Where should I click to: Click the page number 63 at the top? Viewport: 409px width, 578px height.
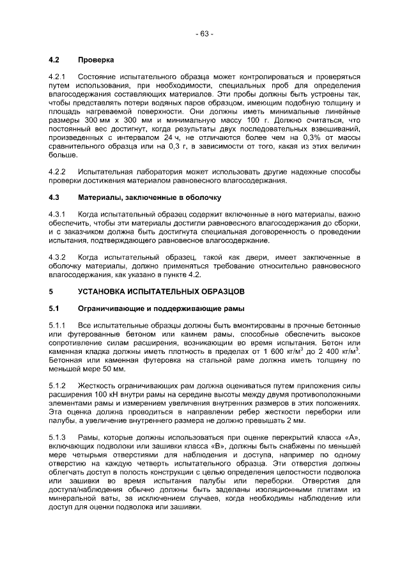(x=204, y=33)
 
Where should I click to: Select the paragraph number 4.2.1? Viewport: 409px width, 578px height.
(x=58, y=77)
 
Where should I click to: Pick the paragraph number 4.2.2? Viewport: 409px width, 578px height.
(x=58, y=172)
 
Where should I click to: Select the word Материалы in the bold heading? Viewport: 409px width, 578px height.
(x=99, y=197)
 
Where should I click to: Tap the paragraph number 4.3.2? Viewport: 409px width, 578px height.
(x=58, y=257)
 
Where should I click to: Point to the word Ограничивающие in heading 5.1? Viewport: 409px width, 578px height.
(x=111, y=308)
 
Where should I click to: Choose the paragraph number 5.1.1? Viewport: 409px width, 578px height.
(x=58, y=325)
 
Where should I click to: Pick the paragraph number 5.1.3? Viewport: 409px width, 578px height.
(x=58, y=437)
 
